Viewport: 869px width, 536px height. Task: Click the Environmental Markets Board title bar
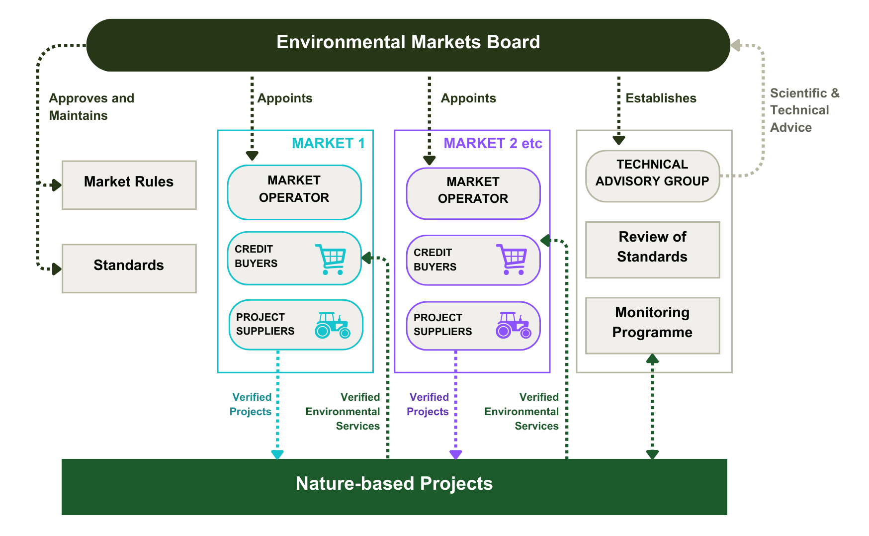click(x=408, y=45)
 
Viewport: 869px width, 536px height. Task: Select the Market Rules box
click(x=129, y=184)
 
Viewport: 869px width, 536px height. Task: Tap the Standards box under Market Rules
click(x=129, y=268)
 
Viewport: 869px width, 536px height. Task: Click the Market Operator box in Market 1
click(x=294, y=192)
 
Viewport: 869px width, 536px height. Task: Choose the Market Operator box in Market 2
click(x=473, y=193)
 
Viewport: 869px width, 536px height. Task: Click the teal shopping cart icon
click(x=331, y=259)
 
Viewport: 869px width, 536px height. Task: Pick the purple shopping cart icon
click(x=511, y=259)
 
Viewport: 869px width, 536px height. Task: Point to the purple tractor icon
click(x=513, y=325)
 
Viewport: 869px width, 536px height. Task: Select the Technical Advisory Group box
click(x=652, y=176)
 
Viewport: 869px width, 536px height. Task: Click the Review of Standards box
click(x=652, y=250)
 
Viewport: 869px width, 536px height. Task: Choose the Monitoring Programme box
click(x=652, y=325)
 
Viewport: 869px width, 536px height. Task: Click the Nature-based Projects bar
click(x=394, y=486)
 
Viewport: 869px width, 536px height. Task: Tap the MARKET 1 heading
click(x=328, y=143)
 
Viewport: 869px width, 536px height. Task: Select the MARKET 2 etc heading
click(x=493, y=143)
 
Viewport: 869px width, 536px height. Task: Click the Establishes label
click(x=661, y=98)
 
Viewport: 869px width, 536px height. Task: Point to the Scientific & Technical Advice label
click(x=804, y=110)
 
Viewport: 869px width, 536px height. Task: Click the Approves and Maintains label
click(x=91, y=106)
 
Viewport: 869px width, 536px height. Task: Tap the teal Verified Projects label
click(x=251, y=404)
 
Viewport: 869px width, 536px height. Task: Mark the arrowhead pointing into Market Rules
click(x=57, y=185)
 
